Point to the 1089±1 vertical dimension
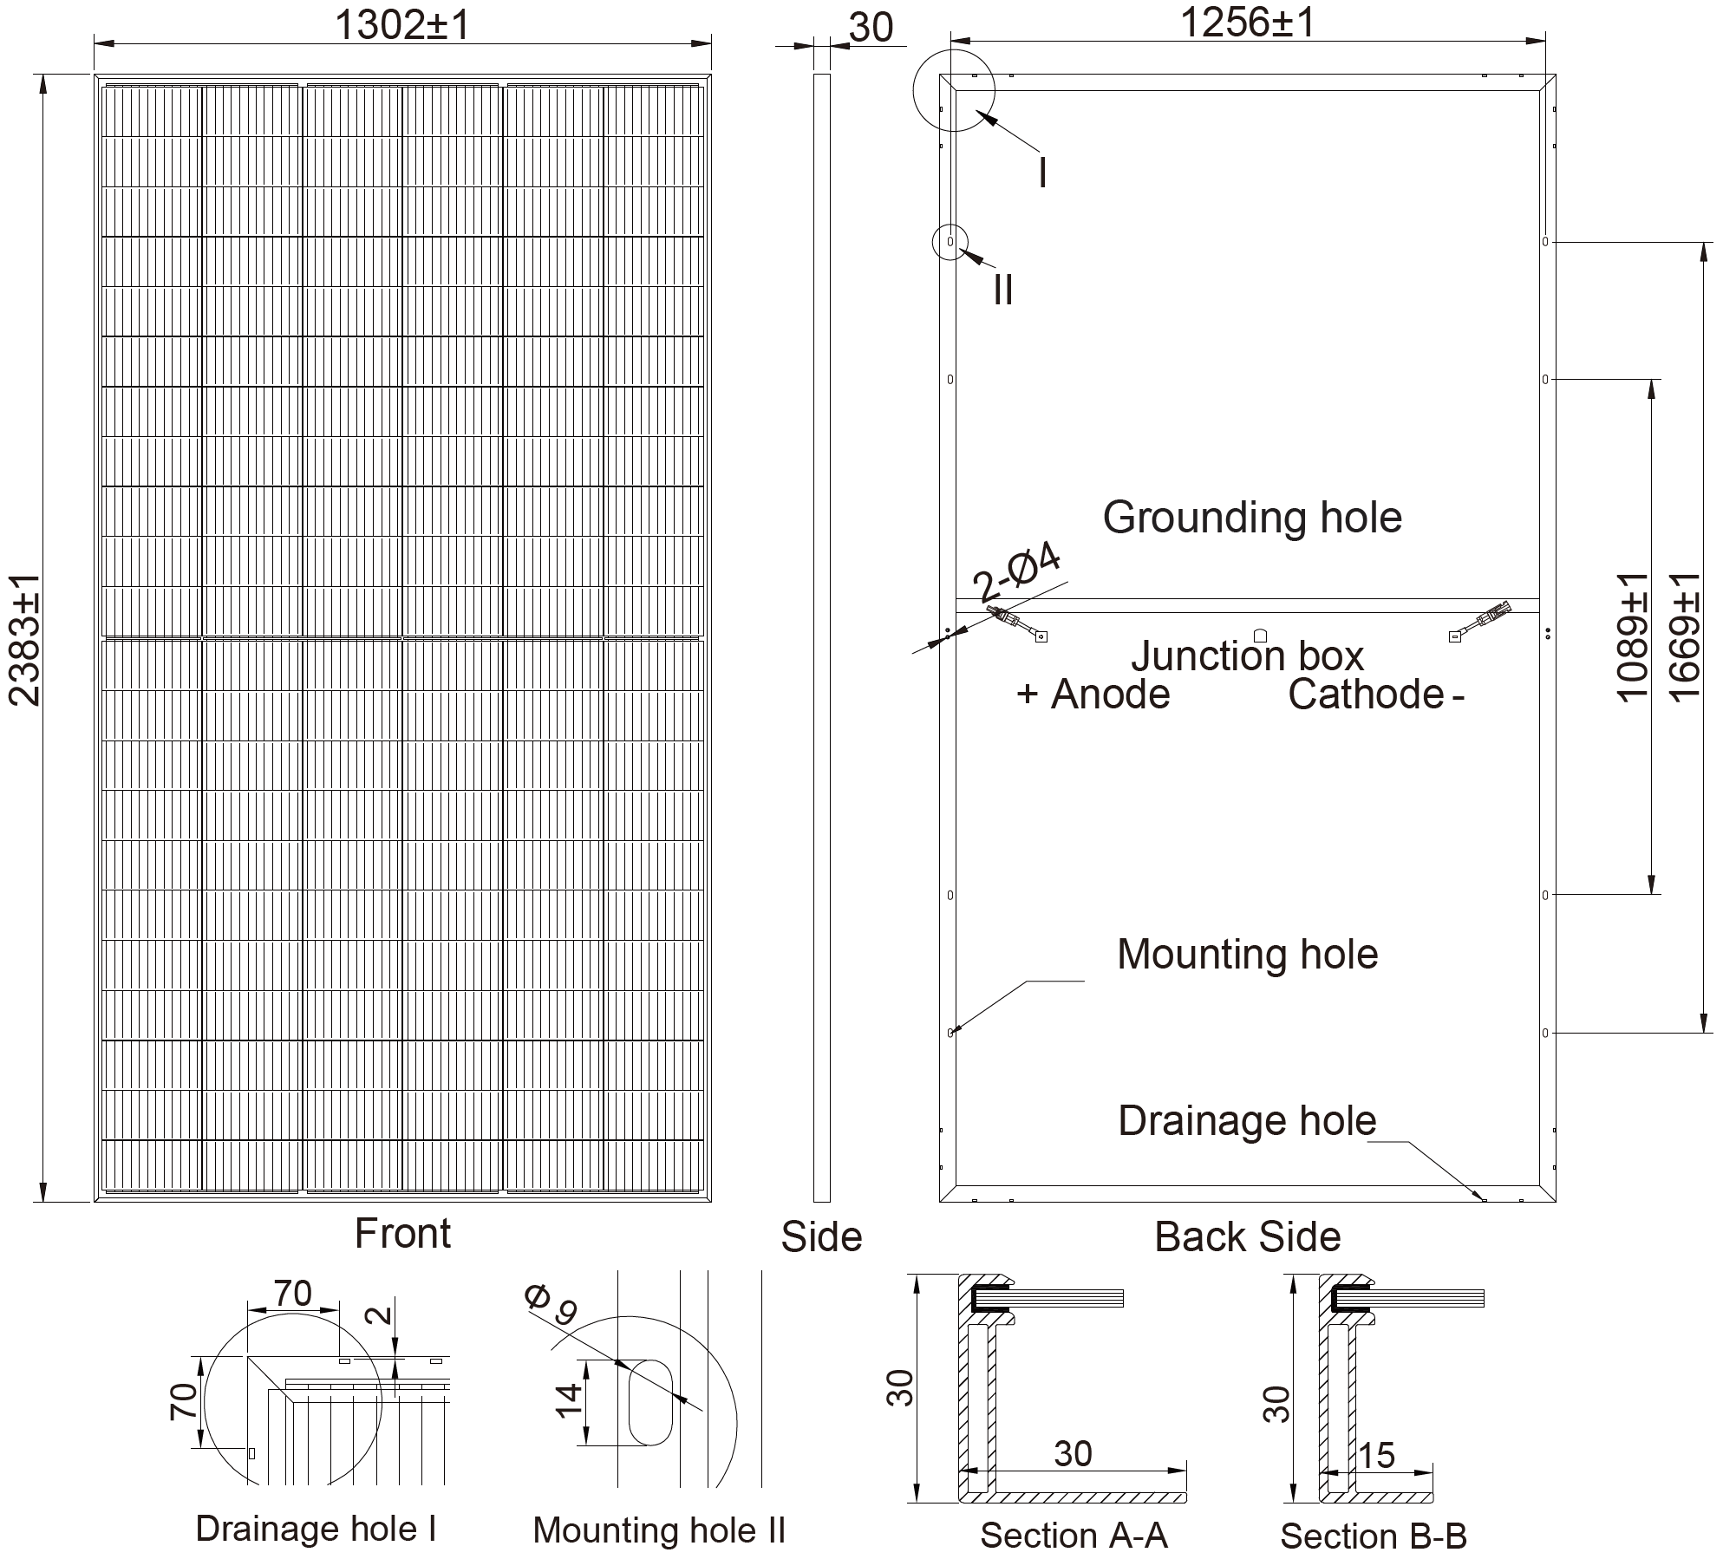[x=1633, y=636]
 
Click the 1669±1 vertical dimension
[x=1685, y=636]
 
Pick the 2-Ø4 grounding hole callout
[x=1016, y=573]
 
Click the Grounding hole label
[x=1252, y=518]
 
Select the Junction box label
[x=1247, y=656]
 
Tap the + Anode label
[x=1093, y=695]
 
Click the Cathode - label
[x=1376, y=695]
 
